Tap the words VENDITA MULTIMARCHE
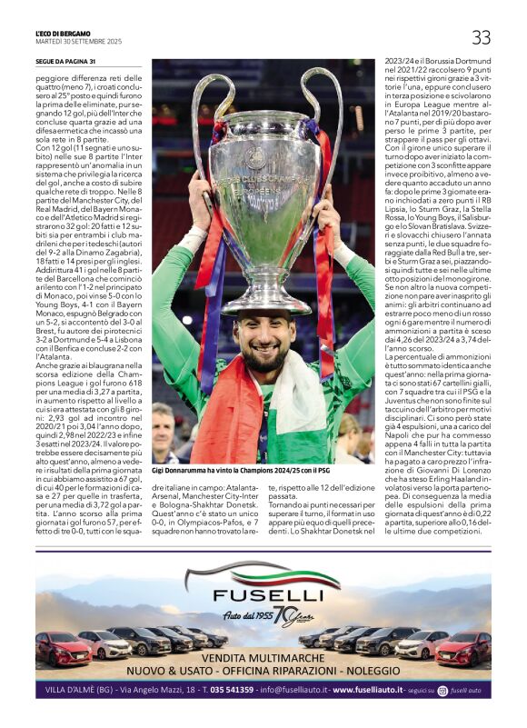click(263, 658)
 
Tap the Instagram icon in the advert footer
click(442, 691)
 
